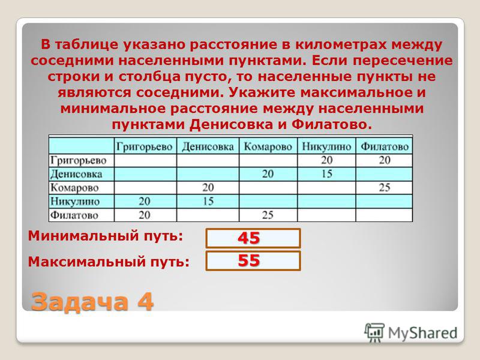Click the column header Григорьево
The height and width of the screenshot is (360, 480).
145,147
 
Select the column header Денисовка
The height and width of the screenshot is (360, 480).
208,147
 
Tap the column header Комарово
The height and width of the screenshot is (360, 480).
268,147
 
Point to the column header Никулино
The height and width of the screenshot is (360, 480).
326,147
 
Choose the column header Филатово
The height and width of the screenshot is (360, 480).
385,147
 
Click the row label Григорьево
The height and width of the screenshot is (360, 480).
79,160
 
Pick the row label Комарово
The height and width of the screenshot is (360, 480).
74,188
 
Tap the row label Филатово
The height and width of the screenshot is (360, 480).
74,215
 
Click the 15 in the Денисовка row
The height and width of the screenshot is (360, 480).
326,174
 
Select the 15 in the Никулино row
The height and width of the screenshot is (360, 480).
208,201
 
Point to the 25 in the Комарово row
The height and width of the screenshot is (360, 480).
385,187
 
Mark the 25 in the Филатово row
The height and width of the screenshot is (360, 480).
268,215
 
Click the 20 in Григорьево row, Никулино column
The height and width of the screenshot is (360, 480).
326,160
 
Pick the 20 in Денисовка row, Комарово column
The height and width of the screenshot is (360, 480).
268,174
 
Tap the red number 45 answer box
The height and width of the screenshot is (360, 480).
253,238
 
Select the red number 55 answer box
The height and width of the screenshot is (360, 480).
253,261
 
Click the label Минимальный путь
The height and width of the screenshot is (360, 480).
106,236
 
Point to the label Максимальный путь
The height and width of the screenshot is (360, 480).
109,262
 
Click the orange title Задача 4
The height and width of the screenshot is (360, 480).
92,302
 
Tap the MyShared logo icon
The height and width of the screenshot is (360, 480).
374,332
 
